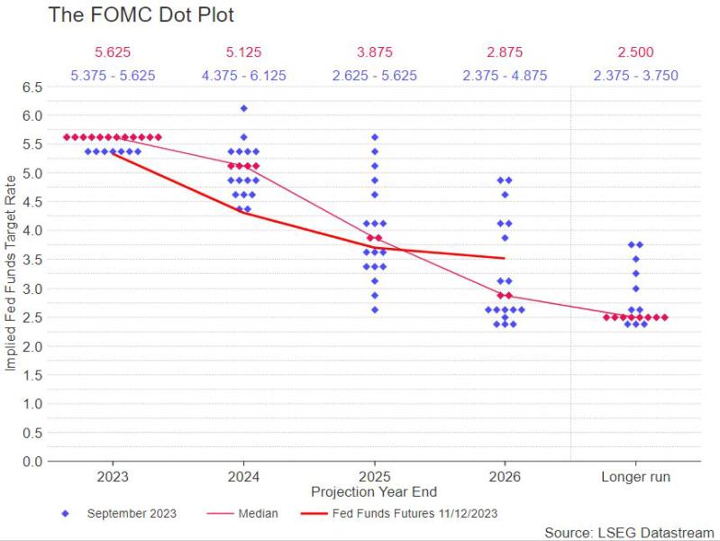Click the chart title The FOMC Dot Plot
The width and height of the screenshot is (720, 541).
[x=141, y=15]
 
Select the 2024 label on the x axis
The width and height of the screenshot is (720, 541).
[x=244, y=476]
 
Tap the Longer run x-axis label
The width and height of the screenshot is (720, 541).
[x=635, y=476]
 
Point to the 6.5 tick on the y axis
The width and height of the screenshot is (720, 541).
[x=32, y=87]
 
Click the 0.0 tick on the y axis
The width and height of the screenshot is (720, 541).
[x=32, y=462]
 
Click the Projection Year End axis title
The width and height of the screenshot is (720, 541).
[x=374, y=492]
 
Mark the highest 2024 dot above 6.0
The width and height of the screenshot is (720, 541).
[x=243, y=108]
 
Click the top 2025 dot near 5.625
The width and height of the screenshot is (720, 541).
[x=375, y=137]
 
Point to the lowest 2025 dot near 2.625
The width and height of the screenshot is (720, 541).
[x=375, y=309]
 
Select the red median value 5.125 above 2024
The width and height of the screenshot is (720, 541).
[x=243, y=52]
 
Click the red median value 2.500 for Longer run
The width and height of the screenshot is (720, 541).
[x=635, y=52]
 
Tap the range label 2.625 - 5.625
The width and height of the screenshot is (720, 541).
[x=375, y=76]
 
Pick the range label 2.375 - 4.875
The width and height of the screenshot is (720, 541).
[x=506, y=76]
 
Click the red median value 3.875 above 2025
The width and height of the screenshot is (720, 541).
[x=375, y=52]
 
